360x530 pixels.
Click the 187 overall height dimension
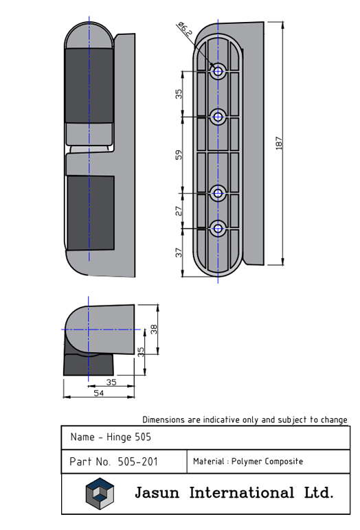point(279,143)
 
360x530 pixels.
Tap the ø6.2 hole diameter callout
point(185,28)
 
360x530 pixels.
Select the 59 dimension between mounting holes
point(179,154)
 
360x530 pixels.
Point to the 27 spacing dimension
point(179,211)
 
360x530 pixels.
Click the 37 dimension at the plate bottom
point(179,253)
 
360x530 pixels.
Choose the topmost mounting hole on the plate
point(218,71)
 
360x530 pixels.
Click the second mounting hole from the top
point(218,117)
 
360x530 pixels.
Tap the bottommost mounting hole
point(218,229)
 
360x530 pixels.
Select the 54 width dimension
point(98,393)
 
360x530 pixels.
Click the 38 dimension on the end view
point(154,330)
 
